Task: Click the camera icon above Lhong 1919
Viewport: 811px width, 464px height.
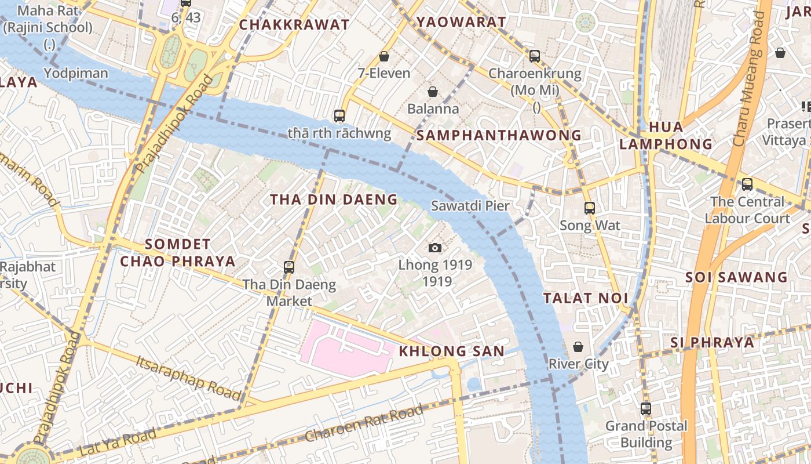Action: tap(435, 248)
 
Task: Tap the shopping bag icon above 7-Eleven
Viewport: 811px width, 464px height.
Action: tap(383, 56)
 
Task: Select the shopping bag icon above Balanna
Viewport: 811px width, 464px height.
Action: tap(432, 92)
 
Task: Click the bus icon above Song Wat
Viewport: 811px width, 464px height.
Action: tap(590, 208)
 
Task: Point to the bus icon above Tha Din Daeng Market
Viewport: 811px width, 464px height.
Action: tap(289, 267)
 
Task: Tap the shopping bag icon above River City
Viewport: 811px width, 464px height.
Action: tap(578, 347)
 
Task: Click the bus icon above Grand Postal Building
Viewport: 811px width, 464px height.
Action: tap(646, 409)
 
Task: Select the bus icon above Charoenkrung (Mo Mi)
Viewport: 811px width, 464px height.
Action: tap(535, 56)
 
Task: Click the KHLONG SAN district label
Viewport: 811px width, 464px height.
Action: tap(451, 351)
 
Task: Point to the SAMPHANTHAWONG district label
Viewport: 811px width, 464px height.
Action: tap(499, 135)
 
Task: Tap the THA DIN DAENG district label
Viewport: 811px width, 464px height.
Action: tap(334, 200)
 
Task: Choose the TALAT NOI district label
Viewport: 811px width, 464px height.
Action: tap(586, 298)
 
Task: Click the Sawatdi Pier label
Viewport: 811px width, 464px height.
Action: tap(470, 206)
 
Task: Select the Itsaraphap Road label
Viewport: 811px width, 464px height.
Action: tap(189, 376)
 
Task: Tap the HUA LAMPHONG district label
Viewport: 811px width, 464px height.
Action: tap(666, 135)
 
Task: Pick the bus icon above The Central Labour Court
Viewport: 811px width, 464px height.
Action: tap(747, 184)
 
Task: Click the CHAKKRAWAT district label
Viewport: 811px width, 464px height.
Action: tap(294, 24)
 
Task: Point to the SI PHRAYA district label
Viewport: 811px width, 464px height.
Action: tap(713, 342)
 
